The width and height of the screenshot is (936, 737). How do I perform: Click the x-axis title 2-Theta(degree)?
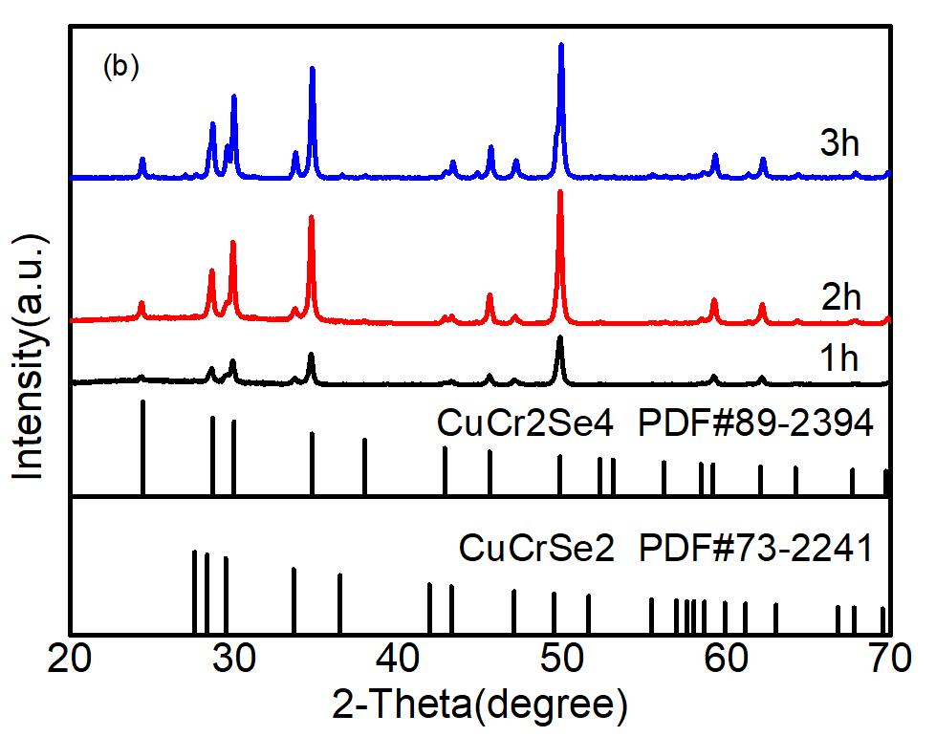[480, 705]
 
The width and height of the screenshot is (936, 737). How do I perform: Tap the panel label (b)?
[121, 68]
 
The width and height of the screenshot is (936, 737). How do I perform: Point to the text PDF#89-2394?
[755, 423]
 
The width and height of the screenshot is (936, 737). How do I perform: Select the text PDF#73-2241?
[754, 550]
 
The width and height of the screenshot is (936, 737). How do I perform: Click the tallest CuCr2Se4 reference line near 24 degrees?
[142, 444]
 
